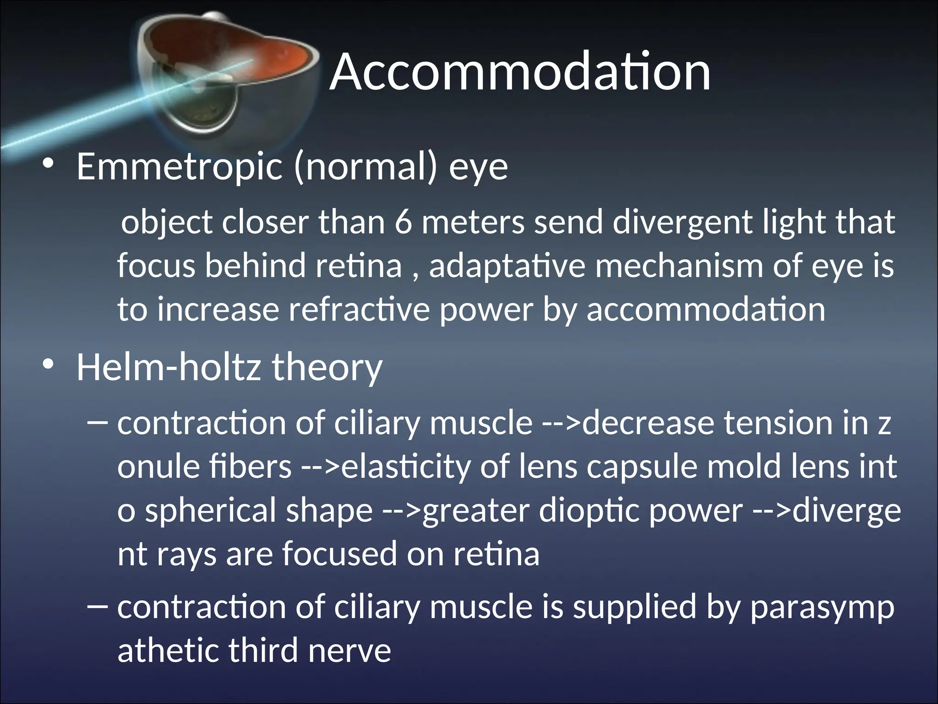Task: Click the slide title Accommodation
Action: (x=520, y=72)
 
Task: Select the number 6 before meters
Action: (x=403, y=222)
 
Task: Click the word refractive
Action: (x=359, y=309)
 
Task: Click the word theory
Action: (x=327, y=368)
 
